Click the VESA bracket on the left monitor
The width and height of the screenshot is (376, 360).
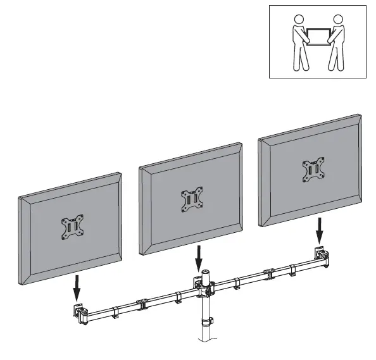pyautogui.click(x=71, y=227)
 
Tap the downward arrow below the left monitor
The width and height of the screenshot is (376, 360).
pyautogui.click(x=77, y=286)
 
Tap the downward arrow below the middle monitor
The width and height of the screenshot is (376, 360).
pyautogui.click(x=199, y=257)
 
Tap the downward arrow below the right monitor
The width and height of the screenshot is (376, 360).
pyautogui.click(x=320, y=232)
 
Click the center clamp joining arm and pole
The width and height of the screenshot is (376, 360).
pyautogui.click(x=204, y=289)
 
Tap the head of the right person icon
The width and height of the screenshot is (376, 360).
pyautogui.click(x=337, y=21)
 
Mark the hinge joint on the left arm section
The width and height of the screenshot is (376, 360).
pyautogui.click(x=141, y=303)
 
